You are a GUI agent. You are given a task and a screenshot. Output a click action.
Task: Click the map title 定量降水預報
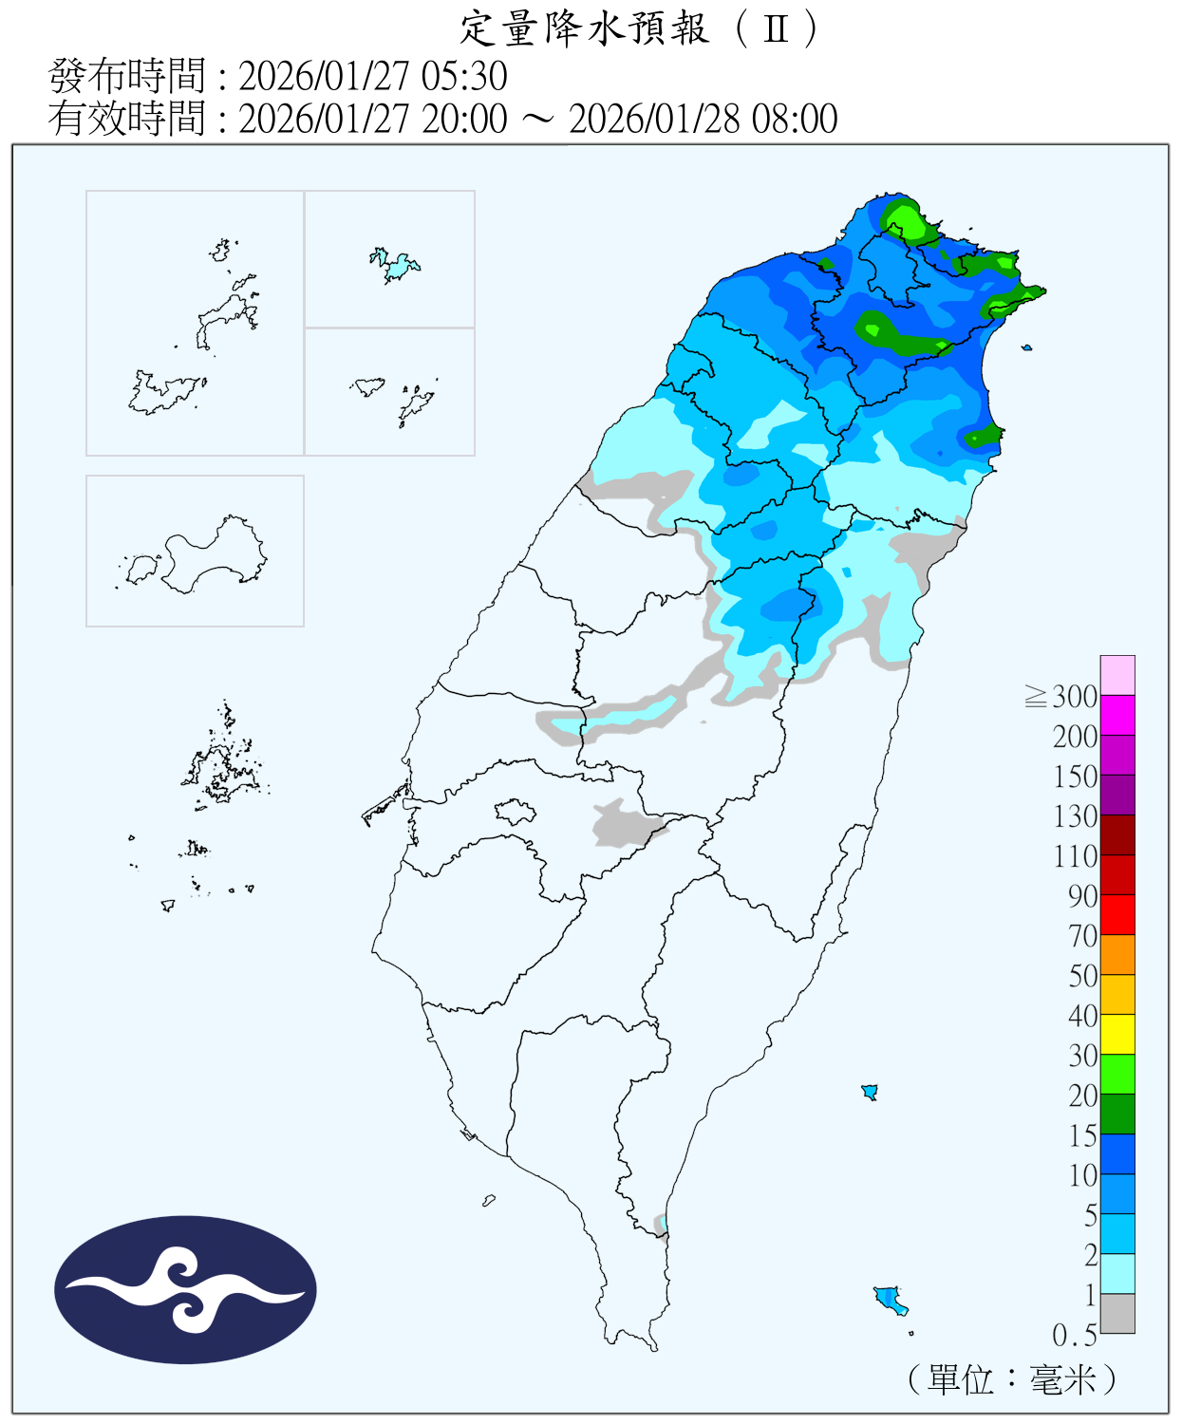click(x=584, y=29)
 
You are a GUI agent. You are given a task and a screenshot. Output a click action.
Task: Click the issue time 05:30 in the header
click(x=471, y=77)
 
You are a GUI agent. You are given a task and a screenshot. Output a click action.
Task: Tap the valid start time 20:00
click(x=465, y=120)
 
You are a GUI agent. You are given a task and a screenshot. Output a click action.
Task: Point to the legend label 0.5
click(x=1075, y=1336)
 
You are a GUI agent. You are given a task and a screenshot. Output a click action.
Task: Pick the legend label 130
click(x=1075, y=816)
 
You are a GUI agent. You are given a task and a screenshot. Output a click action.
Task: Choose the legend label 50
click(x=1082, y=976)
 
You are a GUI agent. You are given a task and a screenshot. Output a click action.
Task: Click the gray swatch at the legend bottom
click(x=1117, y=1313)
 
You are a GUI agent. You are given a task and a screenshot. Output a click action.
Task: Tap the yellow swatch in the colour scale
click(x=1117, y=1034)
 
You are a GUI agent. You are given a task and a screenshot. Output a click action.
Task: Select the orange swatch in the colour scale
click(x=1117, y=954)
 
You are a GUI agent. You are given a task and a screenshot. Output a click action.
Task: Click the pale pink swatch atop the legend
click(x=1117, y=675)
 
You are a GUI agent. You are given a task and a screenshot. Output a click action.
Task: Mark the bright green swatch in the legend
click(x=1117, y=1074)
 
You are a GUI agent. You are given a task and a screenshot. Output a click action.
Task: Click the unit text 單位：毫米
click(x=1012, y=1379)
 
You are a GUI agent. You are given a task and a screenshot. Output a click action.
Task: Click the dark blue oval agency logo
click(x=185, y=1290)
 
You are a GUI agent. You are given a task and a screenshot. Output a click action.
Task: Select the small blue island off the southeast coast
click(x=890, y=1298)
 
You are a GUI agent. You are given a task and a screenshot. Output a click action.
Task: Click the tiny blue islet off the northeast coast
click(x=1026, y=347)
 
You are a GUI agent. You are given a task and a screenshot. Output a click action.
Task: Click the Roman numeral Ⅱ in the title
click(x=777, y=29)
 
